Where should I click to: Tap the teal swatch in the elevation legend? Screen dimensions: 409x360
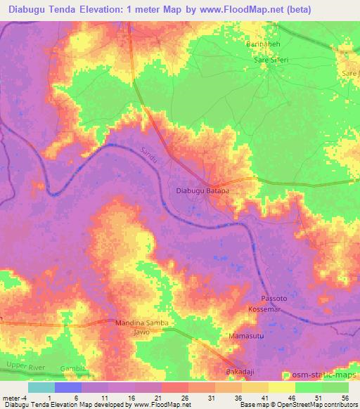point(41,387)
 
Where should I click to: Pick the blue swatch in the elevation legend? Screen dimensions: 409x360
point(68,387)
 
